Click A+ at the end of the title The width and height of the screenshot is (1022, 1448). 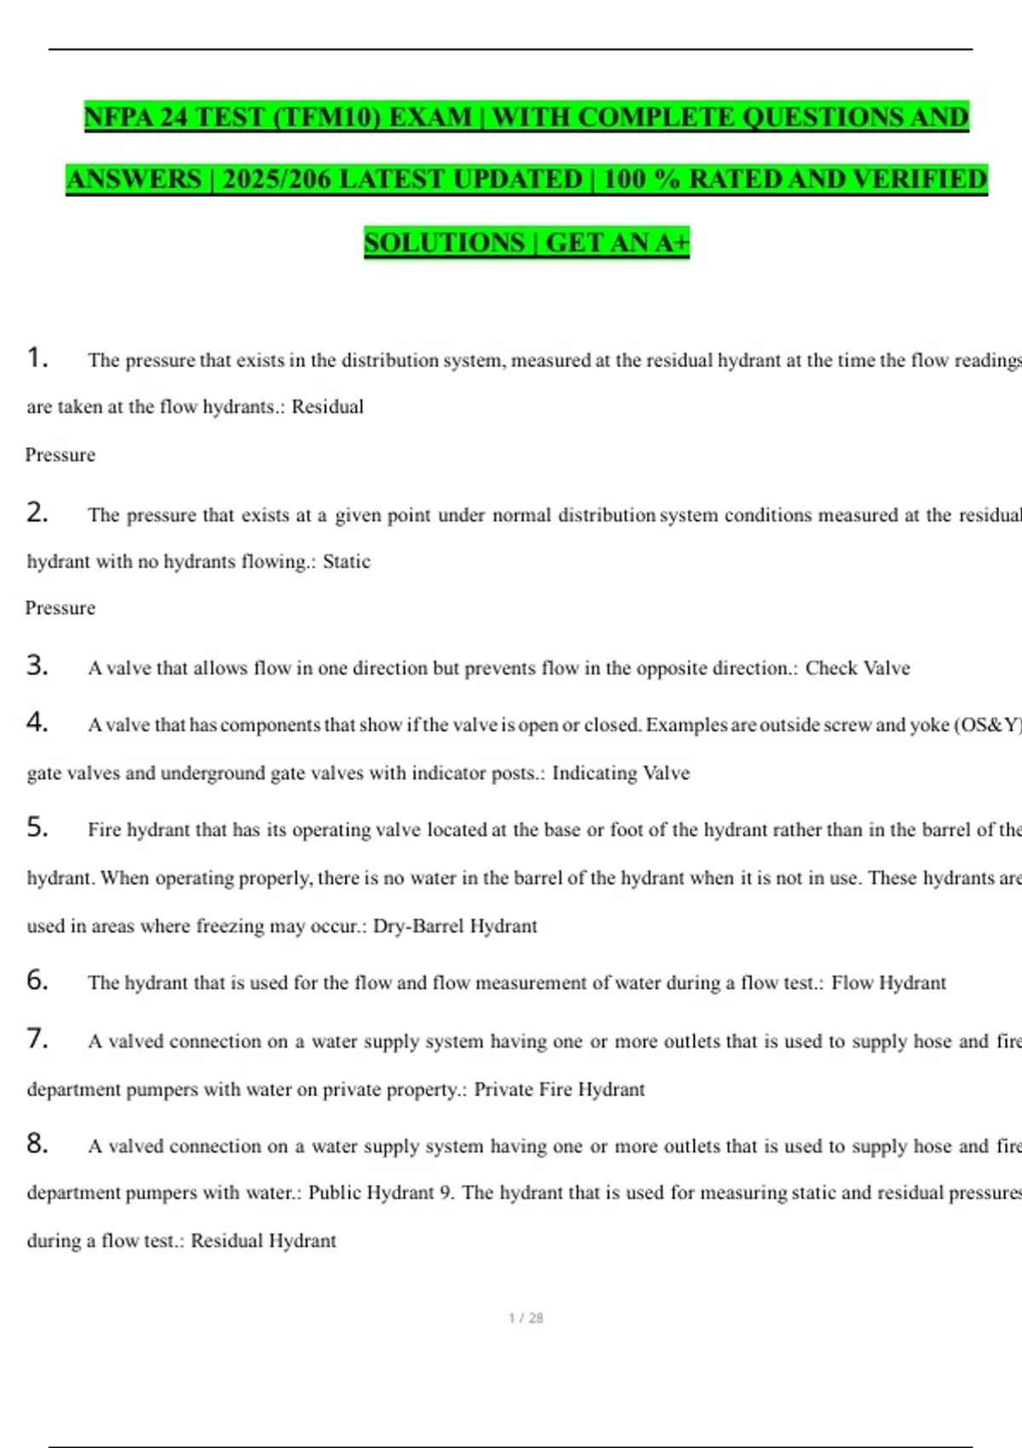(x=671, y=243)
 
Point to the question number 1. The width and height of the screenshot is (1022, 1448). (x=37, y=358)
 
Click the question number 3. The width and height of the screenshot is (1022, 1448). (x=37, y=665)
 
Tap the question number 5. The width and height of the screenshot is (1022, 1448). (x=37, y=827)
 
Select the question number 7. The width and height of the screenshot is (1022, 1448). (x=37, y=1038)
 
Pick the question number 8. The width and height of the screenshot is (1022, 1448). (x=37, y=1143)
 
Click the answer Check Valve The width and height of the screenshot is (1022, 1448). (x=858, y=669)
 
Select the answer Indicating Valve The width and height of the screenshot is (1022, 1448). (x=621, y=773)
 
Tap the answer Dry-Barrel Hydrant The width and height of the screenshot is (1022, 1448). (x=455, y=926)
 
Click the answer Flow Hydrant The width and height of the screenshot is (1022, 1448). (x=888, y=983)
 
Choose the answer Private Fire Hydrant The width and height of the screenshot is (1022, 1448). (x=559, y=1089)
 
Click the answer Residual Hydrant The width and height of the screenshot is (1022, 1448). (x=263, y=1241)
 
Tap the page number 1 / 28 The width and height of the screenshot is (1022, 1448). (x=525, y=1319)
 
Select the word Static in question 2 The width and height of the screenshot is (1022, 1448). (x=347, y=561)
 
